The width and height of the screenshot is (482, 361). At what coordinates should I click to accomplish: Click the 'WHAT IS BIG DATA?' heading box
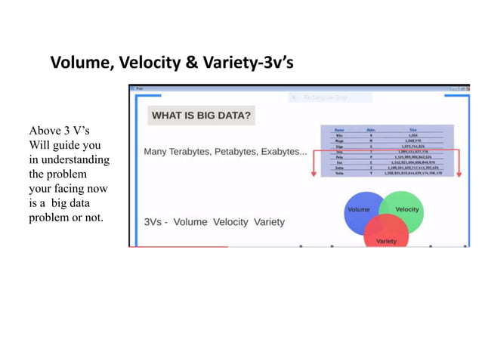[201, 116]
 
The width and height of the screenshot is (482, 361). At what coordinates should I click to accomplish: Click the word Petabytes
[235, 152]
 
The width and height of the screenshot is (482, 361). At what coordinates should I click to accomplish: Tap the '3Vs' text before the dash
[153, 222]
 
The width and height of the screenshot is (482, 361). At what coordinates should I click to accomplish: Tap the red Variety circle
[386, 236]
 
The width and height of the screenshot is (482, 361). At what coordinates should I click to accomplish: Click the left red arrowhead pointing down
[313, 174]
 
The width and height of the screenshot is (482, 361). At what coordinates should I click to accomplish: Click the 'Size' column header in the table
[413, 129]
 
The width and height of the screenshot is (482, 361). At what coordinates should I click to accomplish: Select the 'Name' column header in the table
[339, 129]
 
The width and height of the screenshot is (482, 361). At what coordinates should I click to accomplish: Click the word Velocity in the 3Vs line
[230, 222]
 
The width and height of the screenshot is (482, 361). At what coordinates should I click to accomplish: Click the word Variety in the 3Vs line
[269, 222]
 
